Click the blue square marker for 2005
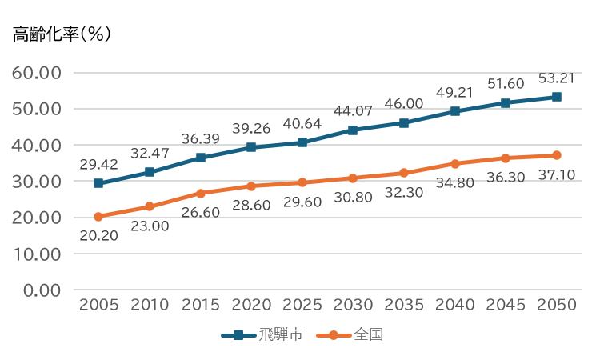(98, 183)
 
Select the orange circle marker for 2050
(557, 155)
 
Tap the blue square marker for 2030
(353, 130)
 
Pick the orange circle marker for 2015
(201, 193)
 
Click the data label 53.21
(557, 78)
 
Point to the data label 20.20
(98, 236)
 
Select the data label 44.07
(353, 111)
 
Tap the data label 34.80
(455, 183)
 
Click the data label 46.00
(404, 104)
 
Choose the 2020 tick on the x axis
(251, 305)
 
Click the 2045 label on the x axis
(506, 305)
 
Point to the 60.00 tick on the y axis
(36, 73)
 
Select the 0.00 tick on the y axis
(42, 290)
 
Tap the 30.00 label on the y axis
(36, 182)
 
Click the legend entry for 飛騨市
(262, 335)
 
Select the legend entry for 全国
(350, 335)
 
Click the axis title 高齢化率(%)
(62, 34)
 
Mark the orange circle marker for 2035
(404, 173)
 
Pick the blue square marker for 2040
(455, 111)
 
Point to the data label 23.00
(150, 226)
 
